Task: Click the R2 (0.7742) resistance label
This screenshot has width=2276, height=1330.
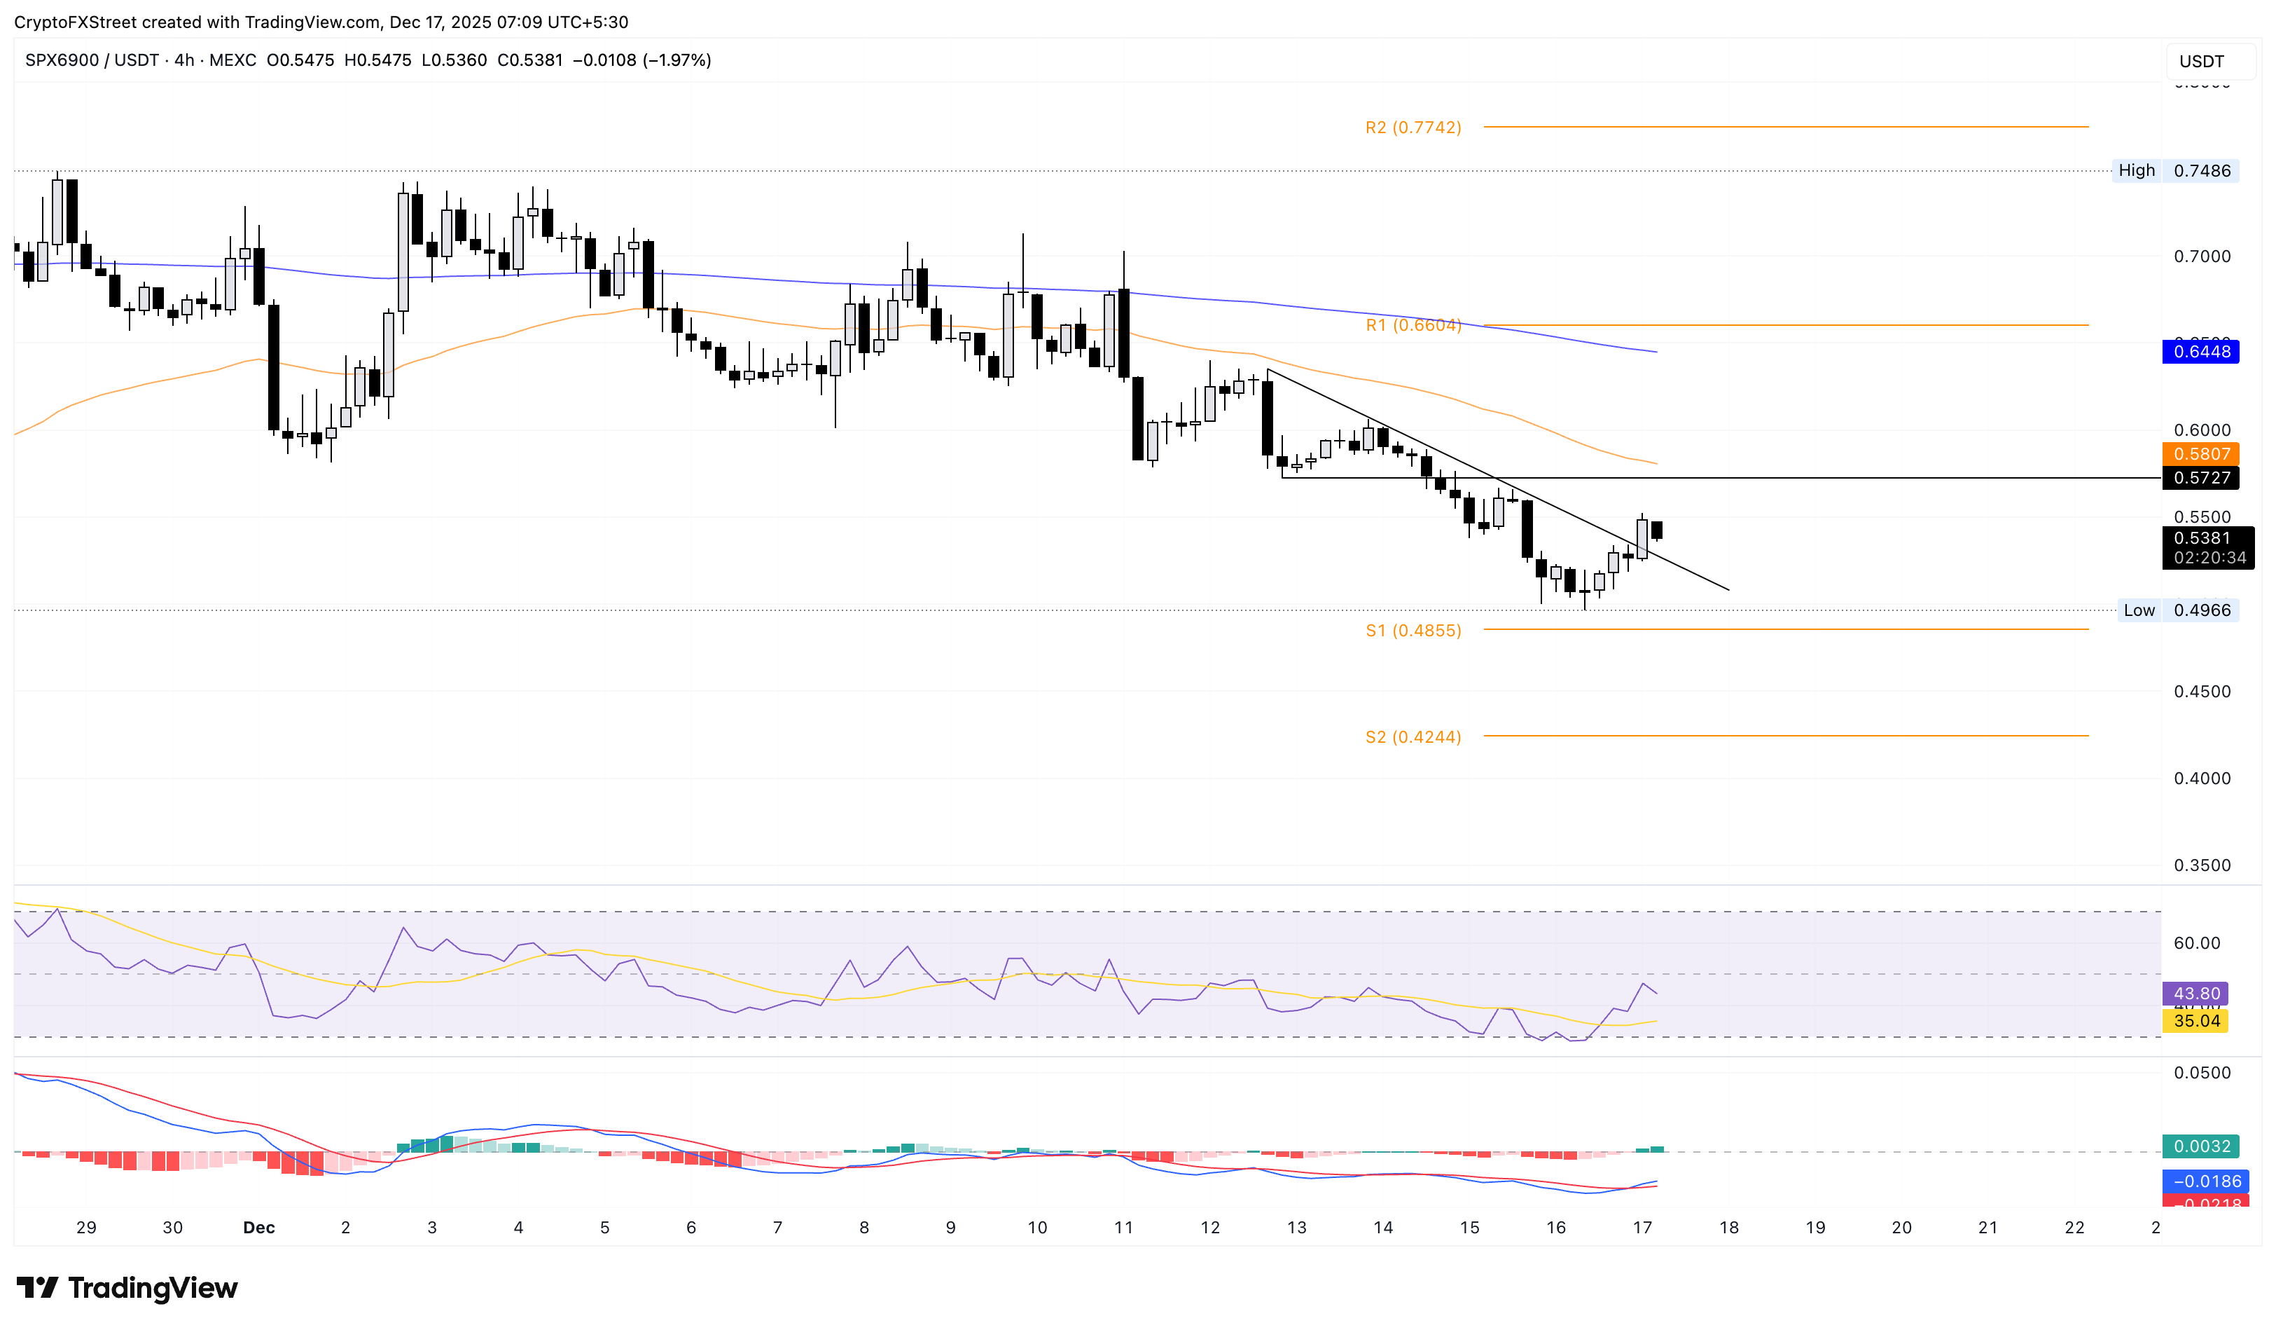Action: tap(1413, 128)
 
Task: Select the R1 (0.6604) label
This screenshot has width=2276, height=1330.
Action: tap(1413, 325)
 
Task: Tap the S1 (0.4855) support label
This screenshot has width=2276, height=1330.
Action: tap(1413, 631)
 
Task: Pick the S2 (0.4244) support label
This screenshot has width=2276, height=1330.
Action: tap(1413, 737)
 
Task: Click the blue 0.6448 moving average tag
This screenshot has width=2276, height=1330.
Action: tap(2200, 352)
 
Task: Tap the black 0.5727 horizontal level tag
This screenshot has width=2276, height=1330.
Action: tap(2200, 478)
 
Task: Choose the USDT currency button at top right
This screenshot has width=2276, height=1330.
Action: tap(2201, 62)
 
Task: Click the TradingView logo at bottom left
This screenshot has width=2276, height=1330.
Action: tap(127, 1287)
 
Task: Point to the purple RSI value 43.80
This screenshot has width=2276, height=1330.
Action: tap(2195, 994)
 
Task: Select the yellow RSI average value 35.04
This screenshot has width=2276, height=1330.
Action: tap(2195, 1021)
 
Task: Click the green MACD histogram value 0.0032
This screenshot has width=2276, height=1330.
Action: tap(2200, 1146)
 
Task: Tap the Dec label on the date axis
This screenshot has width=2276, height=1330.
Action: tap(259, 1228)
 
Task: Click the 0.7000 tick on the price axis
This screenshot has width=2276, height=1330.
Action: tap(2201, 256)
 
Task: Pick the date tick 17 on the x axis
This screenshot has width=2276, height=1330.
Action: tap(1642, 1228)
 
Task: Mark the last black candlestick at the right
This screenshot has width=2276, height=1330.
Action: tap(1656, 530)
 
